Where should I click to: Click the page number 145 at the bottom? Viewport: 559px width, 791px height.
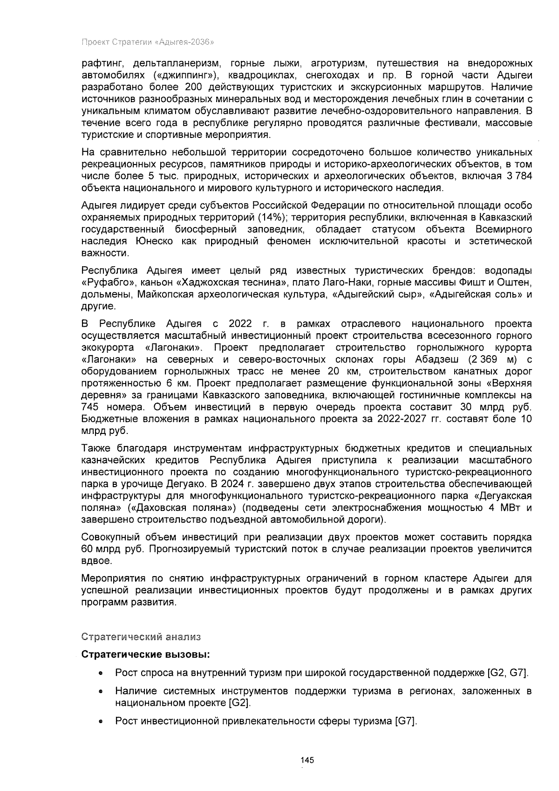tap(307, 760)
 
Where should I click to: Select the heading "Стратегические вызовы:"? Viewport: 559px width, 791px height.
tap(146, 654)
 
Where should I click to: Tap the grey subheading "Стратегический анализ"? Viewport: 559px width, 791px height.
tap(141, 637)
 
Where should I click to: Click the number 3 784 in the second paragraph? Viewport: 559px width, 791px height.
tap(520, 176)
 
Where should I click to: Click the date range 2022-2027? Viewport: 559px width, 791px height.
tap(391, 419)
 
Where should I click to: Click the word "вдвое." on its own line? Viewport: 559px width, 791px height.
tap(97, 561)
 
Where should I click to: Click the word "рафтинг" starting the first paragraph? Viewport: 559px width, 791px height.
tap(102, 64)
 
